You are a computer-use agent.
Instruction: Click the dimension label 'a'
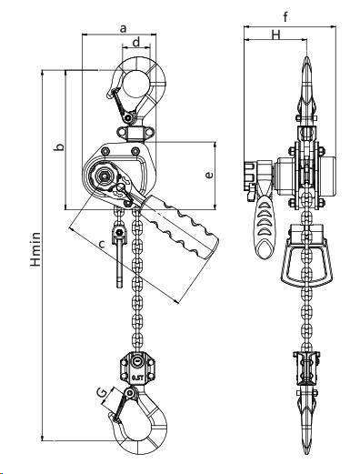click(x=123, y=29)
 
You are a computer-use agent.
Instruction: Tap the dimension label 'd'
click(x=136, y=42)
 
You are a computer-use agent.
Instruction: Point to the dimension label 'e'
click(x=209, y=175)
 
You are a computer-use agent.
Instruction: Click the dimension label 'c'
click(x=102, y=244)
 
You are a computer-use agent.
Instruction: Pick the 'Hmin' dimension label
click(x=35, y=249)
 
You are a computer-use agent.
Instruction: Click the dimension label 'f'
click(x=285, y=17)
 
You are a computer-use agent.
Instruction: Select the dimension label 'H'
click(x=275, y=35)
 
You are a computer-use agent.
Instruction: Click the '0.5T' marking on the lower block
click(x=137, y=378)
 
